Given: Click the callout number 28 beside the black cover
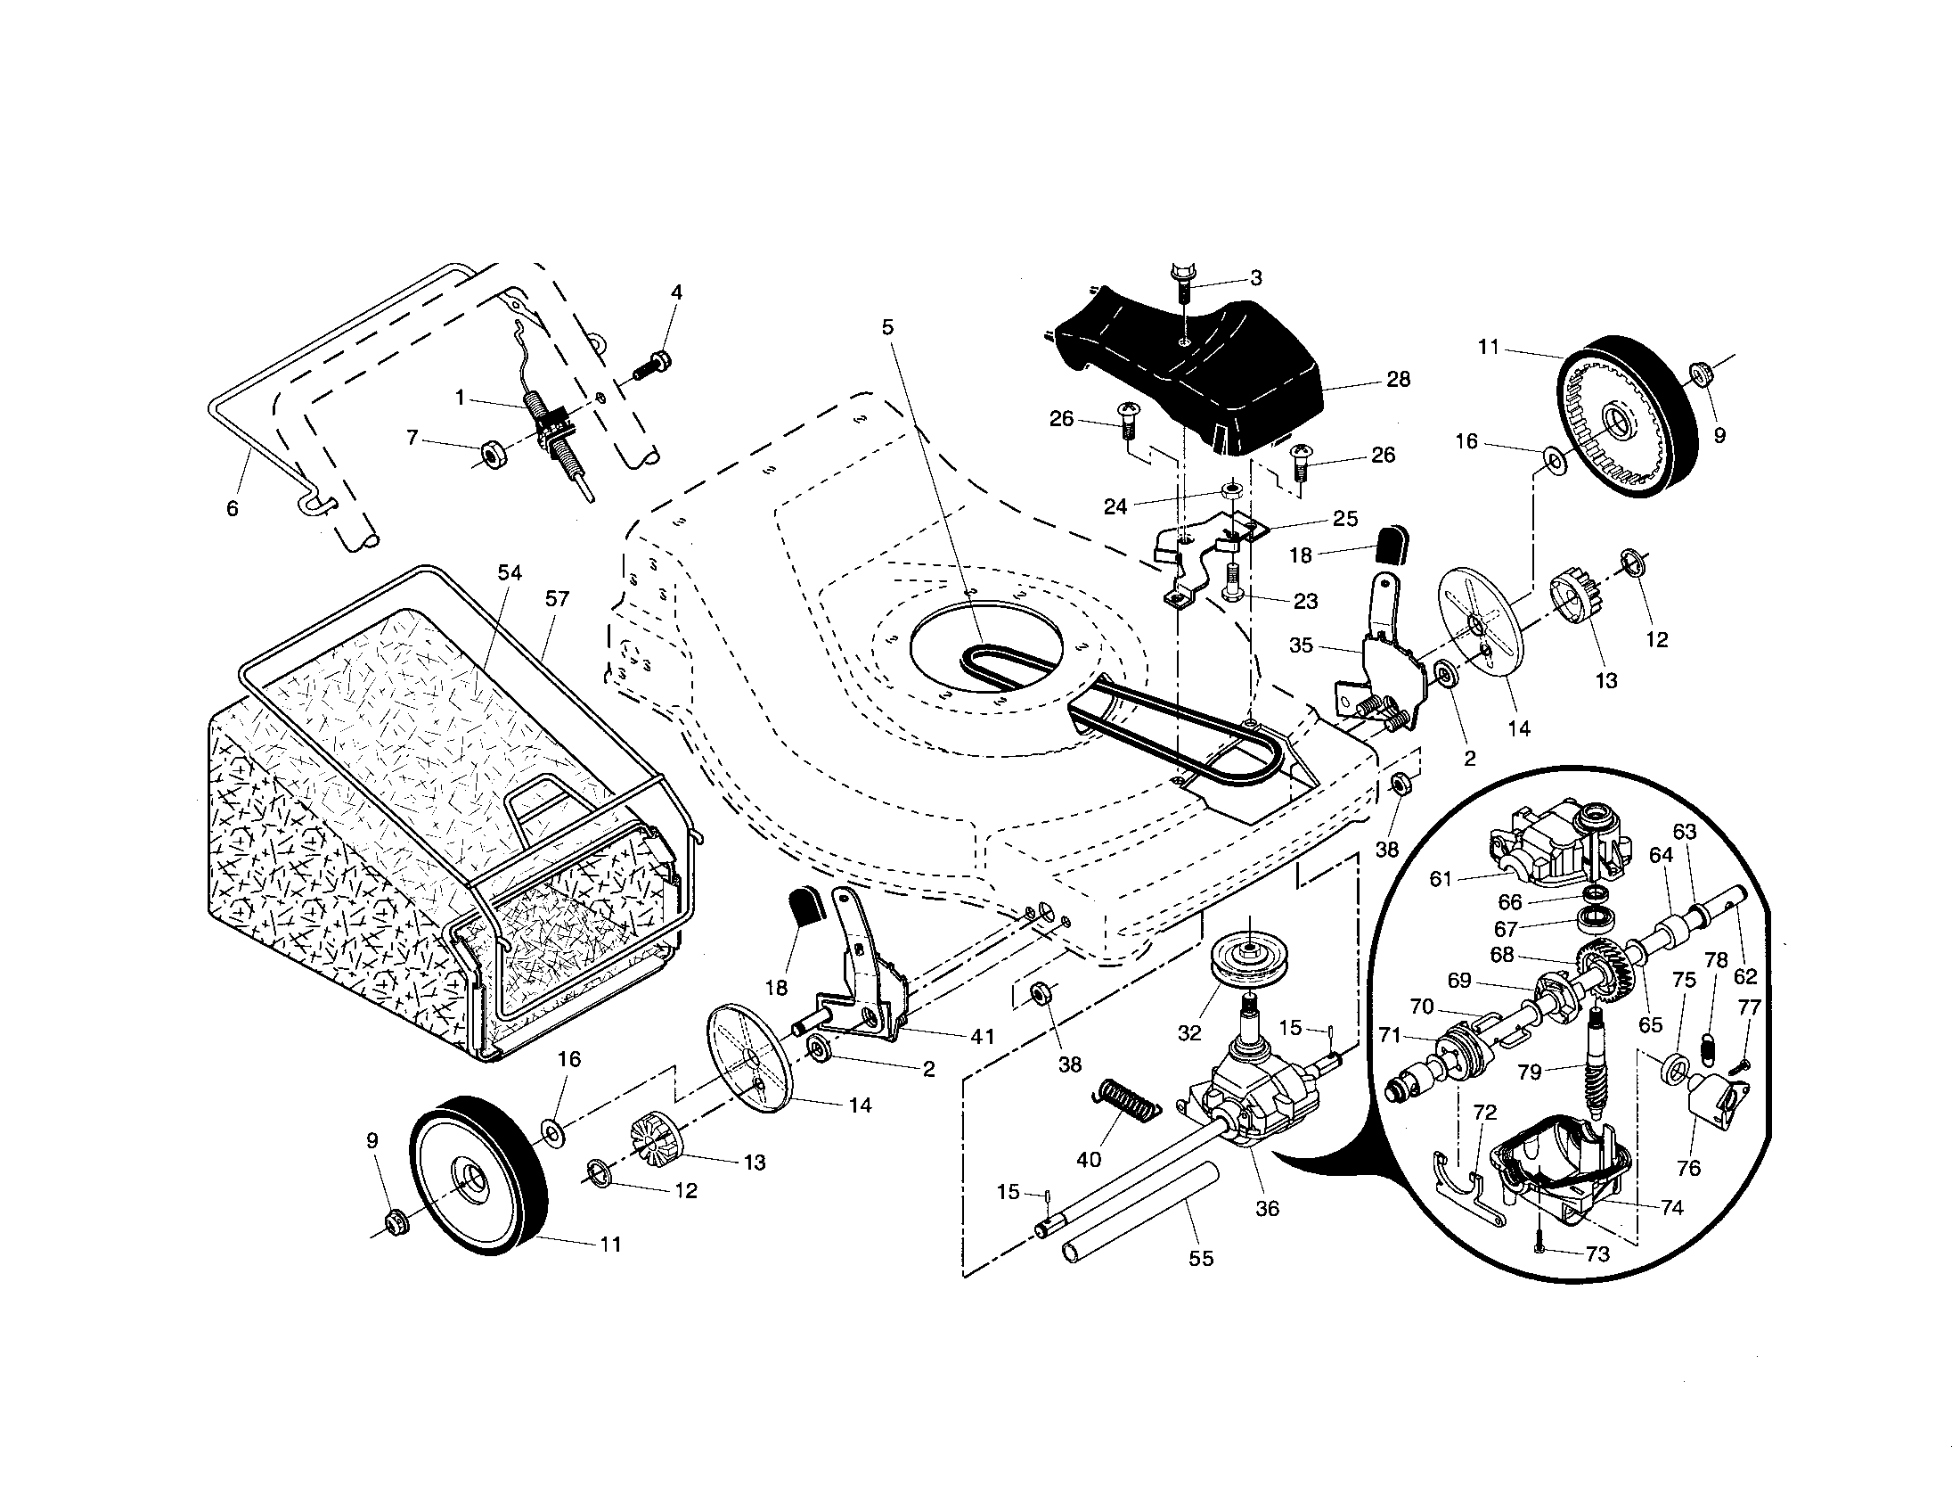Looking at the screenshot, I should pos(1398,379).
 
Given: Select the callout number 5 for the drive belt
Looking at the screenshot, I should pos(887,328).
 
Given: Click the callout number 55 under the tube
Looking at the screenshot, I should pos(1201,1259).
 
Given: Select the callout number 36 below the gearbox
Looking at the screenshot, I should pos(1267,1209).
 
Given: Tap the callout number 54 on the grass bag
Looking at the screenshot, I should pos(510,573).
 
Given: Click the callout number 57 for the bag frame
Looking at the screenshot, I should pos(558,598).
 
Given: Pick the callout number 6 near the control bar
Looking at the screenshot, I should pos(233,509).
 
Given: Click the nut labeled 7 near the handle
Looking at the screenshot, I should pos(492,453).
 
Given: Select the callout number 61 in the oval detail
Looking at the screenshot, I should pos(1441,879).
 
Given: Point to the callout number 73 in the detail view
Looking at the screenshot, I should pos(1598,1254).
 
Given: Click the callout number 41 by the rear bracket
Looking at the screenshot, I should pos(983,1036).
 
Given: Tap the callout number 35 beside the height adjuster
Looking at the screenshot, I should pos(1302,645).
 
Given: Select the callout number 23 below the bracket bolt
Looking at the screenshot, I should pos(1306,601).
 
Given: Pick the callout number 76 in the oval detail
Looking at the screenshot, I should pos(1688,1168).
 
